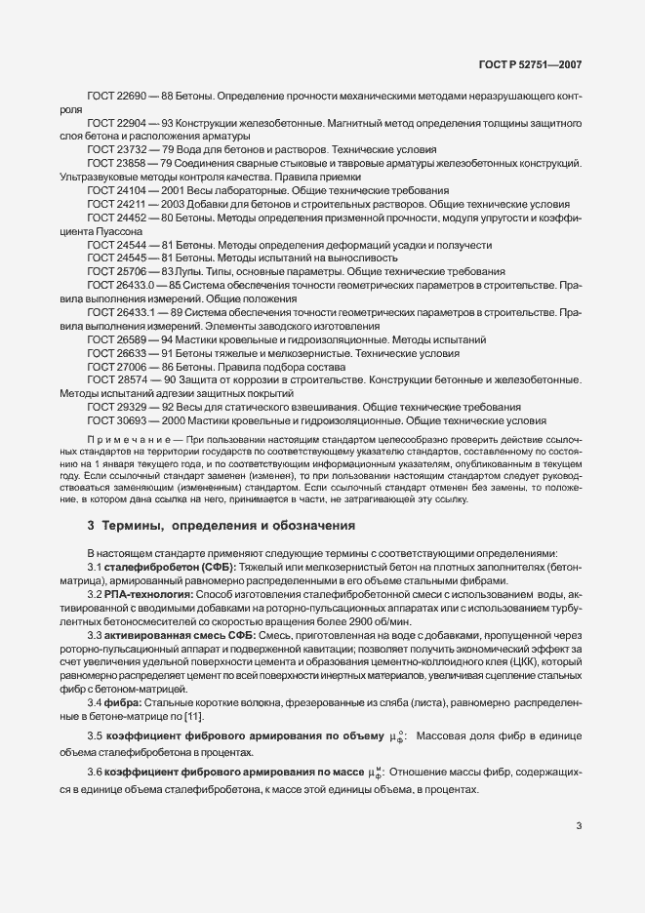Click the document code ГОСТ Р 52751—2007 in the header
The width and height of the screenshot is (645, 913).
click(536, 63)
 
